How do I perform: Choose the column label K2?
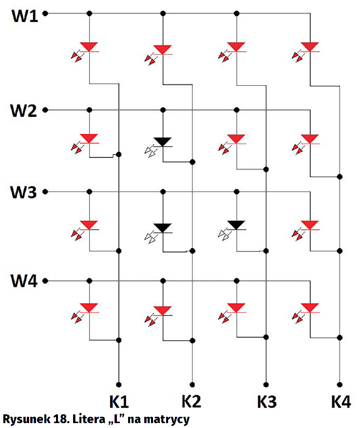point(192,402)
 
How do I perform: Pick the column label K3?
point(266,402)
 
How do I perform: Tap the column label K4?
point(341,402)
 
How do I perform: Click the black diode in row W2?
point(162,142)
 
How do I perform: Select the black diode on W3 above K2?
point(162,227)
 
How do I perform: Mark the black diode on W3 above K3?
point(236,225)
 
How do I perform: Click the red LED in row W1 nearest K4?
point(310,47)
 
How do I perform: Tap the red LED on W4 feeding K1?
point(89,308)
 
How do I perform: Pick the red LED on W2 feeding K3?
point(236,139)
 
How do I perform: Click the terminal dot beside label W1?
point(45,14)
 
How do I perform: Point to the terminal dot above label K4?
point(340,384)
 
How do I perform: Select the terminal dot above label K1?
point(118,384)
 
